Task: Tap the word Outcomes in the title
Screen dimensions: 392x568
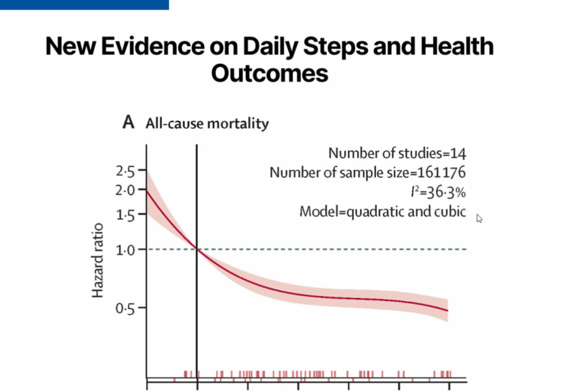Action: pos(269,73)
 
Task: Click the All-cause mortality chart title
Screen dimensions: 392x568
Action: pos(207,123)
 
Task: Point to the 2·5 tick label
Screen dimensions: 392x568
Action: pos(125,172)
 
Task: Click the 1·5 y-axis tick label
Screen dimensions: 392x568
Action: pos(125,216)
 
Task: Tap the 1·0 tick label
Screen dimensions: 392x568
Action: pos(125,249)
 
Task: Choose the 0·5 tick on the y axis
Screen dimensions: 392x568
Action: pos(125,308)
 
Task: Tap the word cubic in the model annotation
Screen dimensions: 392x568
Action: pos(450,212)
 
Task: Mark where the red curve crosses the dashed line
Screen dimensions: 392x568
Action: pos(197,249)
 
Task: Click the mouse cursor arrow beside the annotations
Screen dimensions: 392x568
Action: pos(479,218)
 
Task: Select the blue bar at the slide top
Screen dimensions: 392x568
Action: pos(84,5)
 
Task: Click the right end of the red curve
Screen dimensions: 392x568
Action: pos(448,310)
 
